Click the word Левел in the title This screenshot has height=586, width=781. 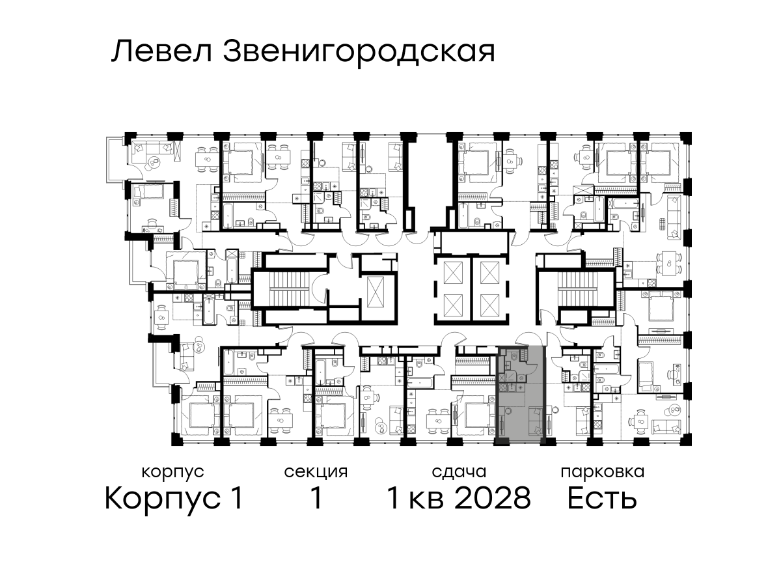(x=162, y=52)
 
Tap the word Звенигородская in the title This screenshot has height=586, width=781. (x=359, y=53)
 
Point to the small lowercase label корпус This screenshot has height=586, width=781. (x=172, y=473)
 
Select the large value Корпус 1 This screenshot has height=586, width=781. (x=174, y=499)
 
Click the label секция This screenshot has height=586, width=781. (x=316, y=473)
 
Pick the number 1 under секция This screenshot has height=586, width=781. (x=316, y=498)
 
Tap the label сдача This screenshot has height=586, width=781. (x=459, y=472)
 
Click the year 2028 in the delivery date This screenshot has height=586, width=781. (x=493, y=498)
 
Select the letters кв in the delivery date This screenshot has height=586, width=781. (x=426, y=501)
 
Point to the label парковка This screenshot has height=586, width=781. (x=603, y=473)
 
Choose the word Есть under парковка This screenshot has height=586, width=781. (x=601, y=498)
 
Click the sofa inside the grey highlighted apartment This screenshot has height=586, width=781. (x=536, y=421)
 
